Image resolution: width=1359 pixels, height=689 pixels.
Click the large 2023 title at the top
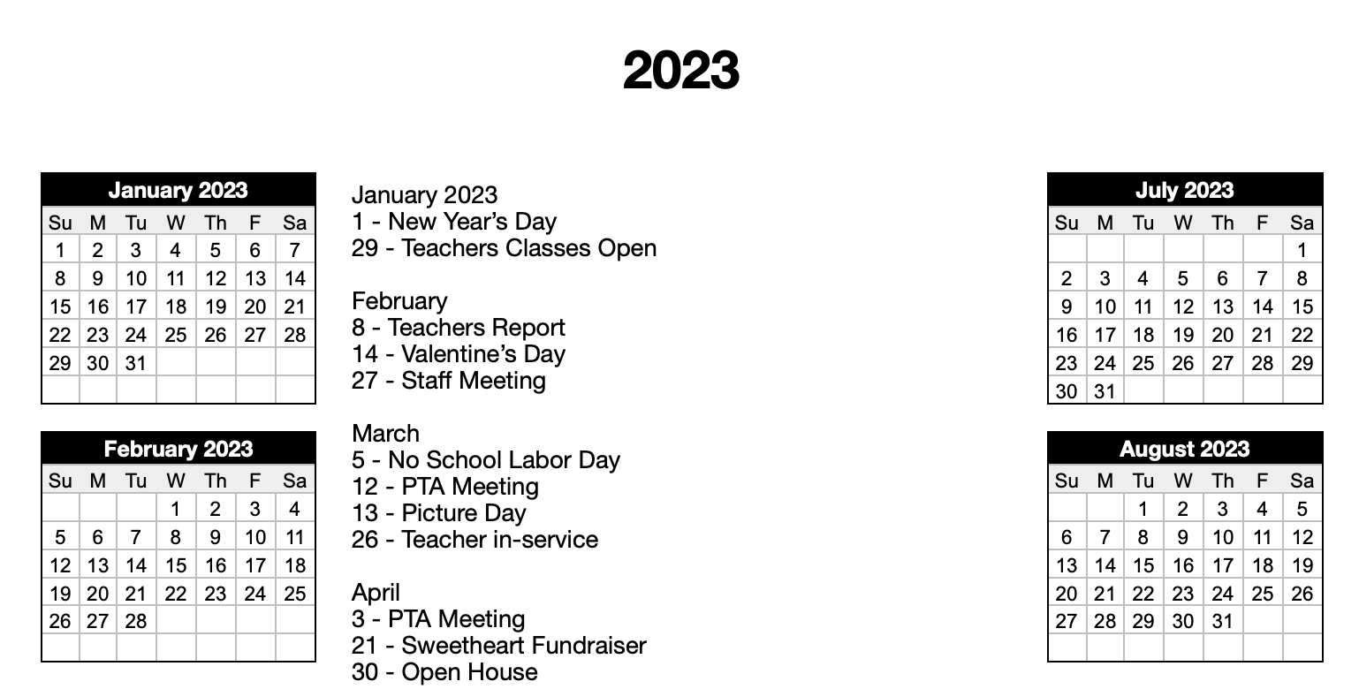point(680,71)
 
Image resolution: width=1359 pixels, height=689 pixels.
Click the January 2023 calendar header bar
point(178,190)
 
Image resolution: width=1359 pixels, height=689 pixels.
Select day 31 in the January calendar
point(135,363)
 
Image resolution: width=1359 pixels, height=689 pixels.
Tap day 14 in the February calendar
point(135,565)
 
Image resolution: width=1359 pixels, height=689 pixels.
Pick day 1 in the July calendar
point(1302,250)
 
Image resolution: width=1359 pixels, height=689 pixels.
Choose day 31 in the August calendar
point(1222,621)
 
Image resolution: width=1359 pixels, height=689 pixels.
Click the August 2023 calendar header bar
point(1184,449)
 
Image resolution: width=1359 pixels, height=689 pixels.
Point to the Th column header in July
point(1222,223)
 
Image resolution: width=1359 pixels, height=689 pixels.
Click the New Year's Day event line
point(454,222)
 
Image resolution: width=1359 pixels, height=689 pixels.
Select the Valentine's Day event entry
point(458,354)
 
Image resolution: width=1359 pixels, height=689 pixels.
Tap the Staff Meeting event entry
point(448,381)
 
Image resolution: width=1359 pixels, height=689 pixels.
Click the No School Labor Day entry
point(485,460)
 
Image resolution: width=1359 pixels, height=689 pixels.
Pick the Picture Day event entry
point(438,513)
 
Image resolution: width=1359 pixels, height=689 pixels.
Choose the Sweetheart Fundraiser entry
point(498,646)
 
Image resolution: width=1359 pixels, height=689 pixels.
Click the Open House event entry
point(444,672)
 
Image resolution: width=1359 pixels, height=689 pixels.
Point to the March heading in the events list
point(385,434)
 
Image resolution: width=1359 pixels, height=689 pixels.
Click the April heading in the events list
point(376,593)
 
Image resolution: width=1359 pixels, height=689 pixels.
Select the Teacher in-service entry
point(475,540)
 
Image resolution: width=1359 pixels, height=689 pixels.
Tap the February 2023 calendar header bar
point(178,449)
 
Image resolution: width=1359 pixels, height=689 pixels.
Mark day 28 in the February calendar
point(135,621)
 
